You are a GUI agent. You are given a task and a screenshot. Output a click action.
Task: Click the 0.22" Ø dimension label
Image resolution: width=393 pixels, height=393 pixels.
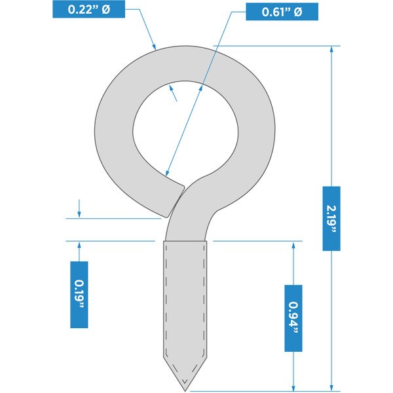(x=88, y=9)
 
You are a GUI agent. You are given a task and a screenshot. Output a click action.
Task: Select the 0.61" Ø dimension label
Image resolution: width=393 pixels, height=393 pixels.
(x=282, y=12)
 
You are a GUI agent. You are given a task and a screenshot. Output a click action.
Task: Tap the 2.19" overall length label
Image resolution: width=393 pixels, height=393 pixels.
(x=331, y=219)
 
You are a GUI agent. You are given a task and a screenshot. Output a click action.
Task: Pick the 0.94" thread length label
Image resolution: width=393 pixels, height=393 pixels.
(x=293, y=318)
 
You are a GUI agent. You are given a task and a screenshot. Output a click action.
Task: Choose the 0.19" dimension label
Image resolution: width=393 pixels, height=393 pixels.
(x=79, y=295)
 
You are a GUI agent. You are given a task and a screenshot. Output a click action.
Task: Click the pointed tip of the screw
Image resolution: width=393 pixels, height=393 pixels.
(x=185, y=390)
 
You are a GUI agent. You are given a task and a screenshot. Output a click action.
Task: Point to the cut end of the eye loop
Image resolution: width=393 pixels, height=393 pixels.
(x=176, y=201)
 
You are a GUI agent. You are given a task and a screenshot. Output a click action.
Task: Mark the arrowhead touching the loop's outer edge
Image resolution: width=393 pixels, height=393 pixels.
(x=154, y=47)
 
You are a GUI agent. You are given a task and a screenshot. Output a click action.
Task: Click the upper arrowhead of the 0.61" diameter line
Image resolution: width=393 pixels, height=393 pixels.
(x=201, y=88)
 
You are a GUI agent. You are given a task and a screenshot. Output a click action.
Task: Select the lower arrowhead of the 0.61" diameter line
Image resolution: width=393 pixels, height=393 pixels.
(x=167, y=172)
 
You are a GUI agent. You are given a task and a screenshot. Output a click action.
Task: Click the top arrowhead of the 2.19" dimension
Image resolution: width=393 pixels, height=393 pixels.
(x=331, y=50)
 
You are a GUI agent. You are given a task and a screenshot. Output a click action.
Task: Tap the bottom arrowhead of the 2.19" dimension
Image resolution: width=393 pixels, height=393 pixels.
(x=331, y=388)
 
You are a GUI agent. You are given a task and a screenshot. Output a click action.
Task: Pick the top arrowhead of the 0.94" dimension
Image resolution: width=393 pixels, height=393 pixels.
(x=293, y=245)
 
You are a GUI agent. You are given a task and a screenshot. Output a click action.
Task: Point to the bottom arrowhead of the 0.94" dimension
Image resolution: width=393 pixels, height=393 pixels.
(x=293, y=388)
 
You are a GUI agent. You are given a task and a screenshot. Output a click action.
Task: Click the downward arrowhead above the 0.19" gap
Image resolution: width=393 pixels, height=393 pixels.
(x=79, y=214)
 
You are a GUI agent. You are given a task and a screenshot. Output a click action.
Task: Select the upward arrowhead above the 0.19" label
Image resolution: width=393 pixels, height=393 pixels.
(x=79, y=245)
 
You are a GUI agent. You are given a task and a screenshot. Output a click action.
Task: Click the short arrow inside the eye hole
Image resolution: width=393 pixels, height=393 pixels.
(x=173, y=93)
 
